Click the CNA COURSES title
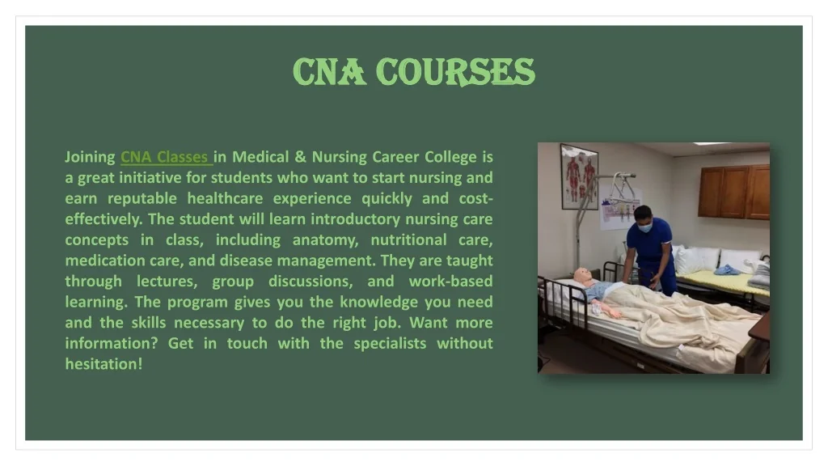coord(414,72)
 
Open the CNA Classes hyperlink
coord(167,157)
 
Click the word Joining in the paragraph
coord(90,158)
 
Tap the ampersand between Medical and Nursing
coord(300,157)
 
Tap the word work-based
coord(450,281)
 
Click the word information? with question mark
coord(112,343)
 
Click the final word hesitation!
coord(104,364)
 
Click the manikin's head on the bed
coord(582,275)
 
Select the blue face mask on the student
coord(644,227)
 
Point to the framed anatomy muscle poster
coord(579,176)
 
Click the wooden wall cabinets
coord(733,192)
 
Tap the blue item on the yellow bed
coord(726,270)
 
